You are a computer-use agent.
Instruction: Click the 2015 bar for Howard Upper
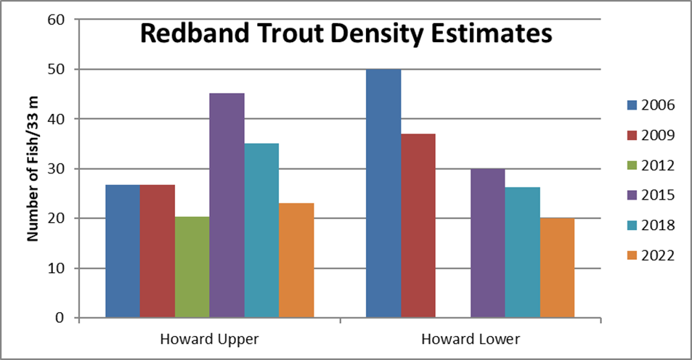tap(227, 205)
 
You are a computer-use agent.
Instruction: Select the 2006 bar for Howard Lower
tap(383, 193)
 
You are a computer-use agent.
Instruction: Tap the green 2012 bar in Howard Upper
tap(192, 267)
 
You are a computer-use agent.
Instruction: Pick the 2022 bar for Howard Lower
tap(558, 268)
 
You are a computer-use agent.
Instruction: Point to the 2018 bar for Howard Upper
tap(261, 230)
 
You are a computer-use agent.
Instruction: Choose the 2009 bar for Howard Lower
tap(418, 226)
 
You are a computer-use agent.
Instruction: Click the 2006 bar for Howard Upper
tap(123, 251)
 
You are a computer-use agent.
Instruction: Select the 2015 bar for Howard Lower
tap(488, 243)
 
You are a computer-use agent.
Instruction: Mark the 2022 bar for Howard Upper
tap(296, 261)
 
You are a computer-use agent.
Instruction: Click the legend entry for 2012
tap(651, 165)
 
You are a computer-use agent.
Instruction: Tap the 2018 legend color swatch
tap(632, 226)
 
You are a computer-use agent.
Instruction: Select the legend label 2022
tap(658, 255)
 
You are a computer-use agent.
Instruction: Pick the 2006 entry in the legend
tap(651, 105)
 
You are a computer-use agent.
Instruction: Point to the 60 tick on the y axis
tap(56, 20)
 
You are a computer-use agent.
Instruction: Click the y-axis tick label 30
tap(56, 169)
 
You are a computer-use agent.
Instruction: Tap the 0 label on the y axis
tap(60, 318)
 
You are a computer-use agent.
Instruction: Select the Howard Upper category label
tap(210, 339)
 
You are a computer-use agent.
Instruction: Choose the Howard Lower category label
tap(471, 339)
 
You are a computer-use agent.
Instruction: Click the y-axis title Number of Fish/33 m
tap(33, 168)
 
